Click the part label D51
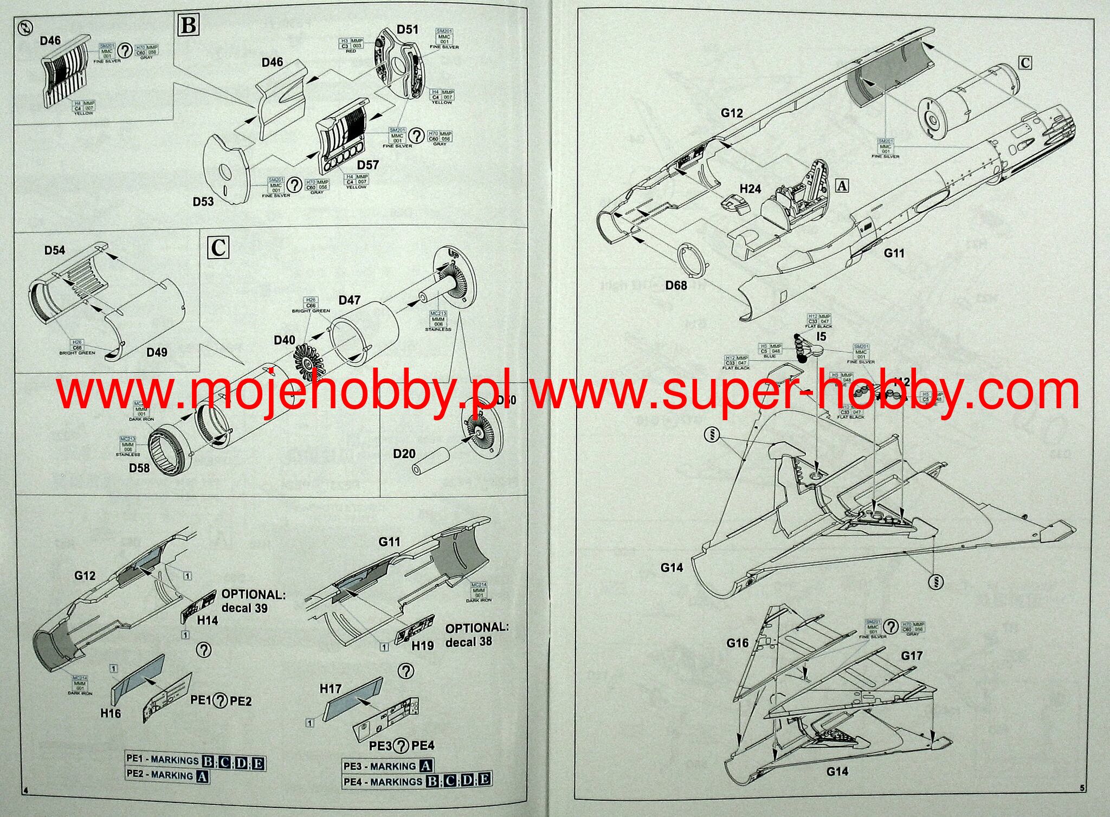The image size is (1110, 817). tap(407, 29)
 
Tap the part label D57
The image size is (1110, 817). tap(367, 165)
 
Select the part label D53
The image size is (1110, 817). tap(203, 202)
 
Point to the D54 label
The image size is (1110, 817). tap(55, 250)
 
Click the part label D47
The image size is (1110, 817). tap(349, 300)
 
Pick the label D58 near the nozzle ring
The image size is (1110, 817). tap(139, 467)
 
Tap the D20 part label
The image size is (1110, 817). tap(404, 453)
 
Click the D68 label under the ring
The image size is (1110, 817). tap(676, 285)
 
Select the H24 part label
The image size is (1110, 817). tap(750, 189)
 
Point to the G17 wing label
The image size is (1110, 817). tap(912, 655)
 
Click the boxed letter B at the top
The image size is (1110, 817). tap(189, 25)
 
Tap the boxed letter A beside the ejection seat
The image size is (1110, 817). tap(842, 186)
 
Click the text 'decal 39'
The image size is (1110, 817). tap(244, 608)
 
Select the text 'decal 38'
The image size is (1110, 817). tap(469, 642)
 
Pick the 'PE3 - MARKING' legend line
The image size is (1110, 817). tap(388, 765)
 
